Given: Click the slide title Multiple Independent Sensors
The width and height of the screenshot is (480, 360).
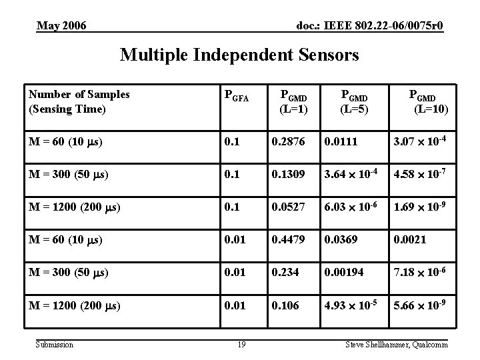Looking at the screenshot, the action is (x=239, y=55).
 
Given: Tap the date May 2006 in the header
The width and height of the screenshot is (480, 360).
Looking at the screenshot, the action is (x=61, y=26).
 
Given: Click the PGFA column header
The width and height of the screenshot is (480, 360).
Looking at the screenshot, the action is (x=235, y=98).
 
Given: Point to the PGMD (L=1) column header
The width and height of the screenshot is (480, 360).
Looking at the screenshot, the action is (x=294, y=101).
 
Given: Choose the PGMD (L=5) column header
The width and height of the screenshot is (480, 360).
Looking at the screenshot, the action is (x=354, y=101).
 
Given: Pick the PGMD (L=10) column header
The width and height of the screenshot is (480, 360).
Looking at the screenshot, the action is (x=422, y=101).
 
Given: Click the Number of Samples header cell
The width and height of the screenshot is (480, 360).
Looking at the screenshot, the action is (x=79, y=101).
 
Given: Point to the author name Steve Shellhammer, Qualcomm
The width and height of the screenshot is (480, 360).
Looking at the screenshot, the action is (x=396, y=345).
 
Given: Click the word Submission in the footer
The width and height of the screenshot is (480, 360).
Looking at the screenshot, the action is (x=55, y=345).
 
